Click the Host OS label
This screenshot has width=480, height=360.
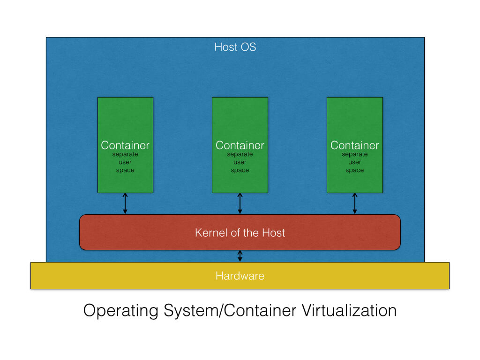coord(235,47)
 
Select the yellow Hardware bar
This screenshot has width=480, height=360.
coord(117,276)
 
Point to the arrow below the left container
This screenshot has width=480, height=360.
coord(125,203)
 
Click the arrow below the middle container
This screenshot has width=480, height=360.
coord(240,203)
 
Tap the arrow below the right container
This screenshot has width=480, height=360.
coord(354,203)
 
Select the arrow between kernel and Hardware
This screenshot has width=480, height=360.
coord(240,256)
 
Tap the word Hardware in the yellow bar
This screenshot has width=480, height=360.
coord(240,276)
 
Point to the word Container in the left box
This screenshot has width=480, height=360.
coord(125,145)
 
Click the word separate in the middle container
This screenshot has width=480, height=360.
coord(240,154)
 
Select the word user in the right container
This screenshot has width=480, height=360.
coord(354,162)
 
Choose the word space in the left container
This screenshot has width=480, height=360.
coord(125,171)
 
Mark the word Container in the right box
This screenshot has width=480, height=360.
coord(354,145)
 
